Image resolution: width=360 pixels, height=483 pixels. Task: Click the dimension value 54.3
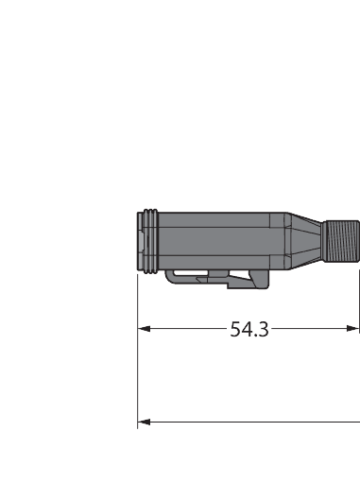click(x=249, y=329)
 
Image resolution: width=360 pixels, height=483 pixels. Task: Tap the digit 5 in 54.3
click(x=236, y=329)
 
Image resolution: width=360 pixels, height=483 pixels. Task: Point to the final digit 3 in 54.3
click(x=264, y=329)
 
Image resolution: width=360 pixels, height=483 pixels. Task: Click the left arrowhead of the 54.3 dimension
click(x=145, y=329)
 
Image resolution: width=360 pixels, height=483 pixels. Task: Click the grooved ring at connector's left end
click(x=145, y=239)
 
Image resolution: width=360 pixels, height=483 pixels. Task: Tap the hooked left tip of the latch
click(x=169, y=277)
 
